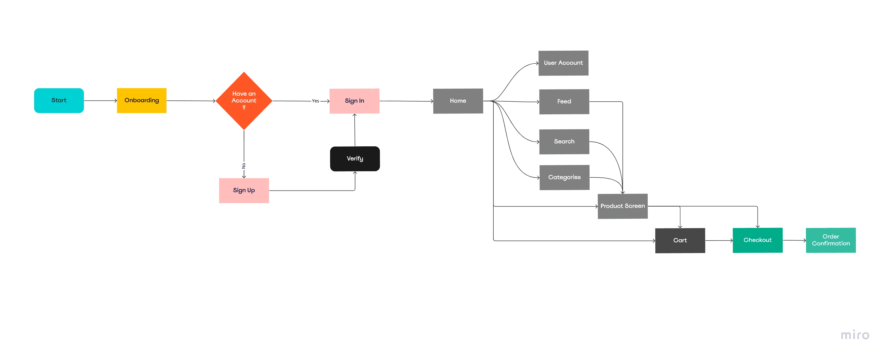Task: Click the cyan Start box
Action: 59,100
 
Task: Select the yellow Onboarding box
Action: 141,100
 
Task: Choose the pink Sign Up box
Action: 243,190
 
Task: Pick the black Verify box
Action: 355,158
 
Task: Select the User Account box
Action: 563,63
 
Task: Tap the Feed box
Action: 564,102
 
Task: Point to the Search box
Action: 564,142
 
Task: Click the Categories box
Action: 564,177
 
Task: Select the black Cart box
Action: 680,240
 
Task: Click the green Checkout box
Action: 757,240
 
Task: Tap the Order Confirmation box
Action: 830,240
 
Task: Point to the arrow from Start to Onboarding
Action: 100,100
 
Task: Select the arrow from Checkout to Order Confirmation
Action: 793,241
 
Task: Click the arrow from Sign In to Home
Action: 406,101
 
